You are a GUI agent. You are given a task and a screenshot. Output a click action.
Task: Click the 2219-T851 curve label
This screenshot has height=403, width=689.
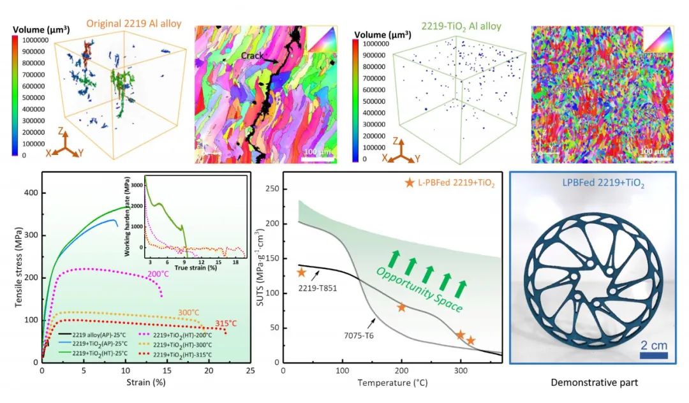pos(317,288)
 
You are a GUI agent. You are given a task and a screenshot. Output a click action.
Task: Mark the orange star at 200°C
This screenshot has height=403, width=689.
pos(401,307)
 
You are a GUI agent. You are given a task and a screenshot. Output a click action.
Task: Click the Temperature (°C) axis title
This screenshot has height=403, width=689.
pos(392,383)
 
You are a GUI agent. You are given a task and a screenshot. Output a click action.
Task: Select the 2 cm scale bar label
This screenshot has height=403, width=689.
pos(654,345)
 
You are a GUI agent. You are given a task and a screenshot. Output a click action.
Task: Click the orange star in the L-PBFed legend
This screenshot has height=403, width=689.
pos(410,183)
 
